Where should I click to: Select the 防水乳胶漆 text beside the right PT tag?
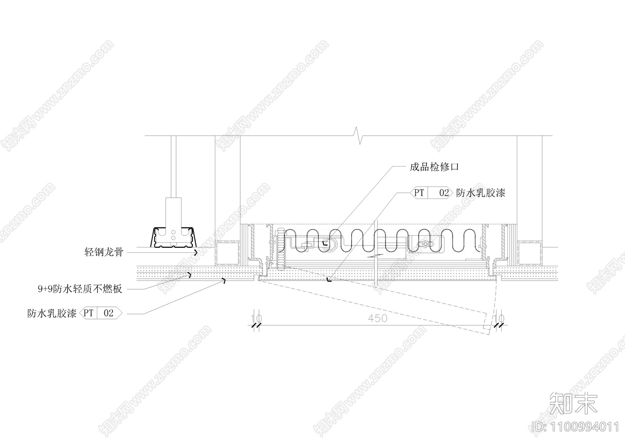[480, 193]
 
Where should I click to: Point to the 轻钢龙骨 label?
[104, 252]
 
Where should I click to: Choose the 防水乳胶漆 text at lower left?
[52, 313]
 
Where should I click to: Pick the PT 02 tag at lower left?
[101, 313]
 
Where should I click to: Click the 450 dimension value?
[377, 319]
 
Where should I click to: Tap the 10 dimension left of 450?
[256, 319]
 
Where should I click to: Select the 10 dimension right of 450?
[499, 319]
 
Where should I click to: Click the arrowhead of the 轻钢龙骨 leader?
[196, 253]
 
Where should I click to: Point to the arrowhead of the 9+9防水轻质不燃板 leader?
[190, 275]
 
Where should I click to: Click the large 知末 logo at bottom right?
[573, 403]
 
